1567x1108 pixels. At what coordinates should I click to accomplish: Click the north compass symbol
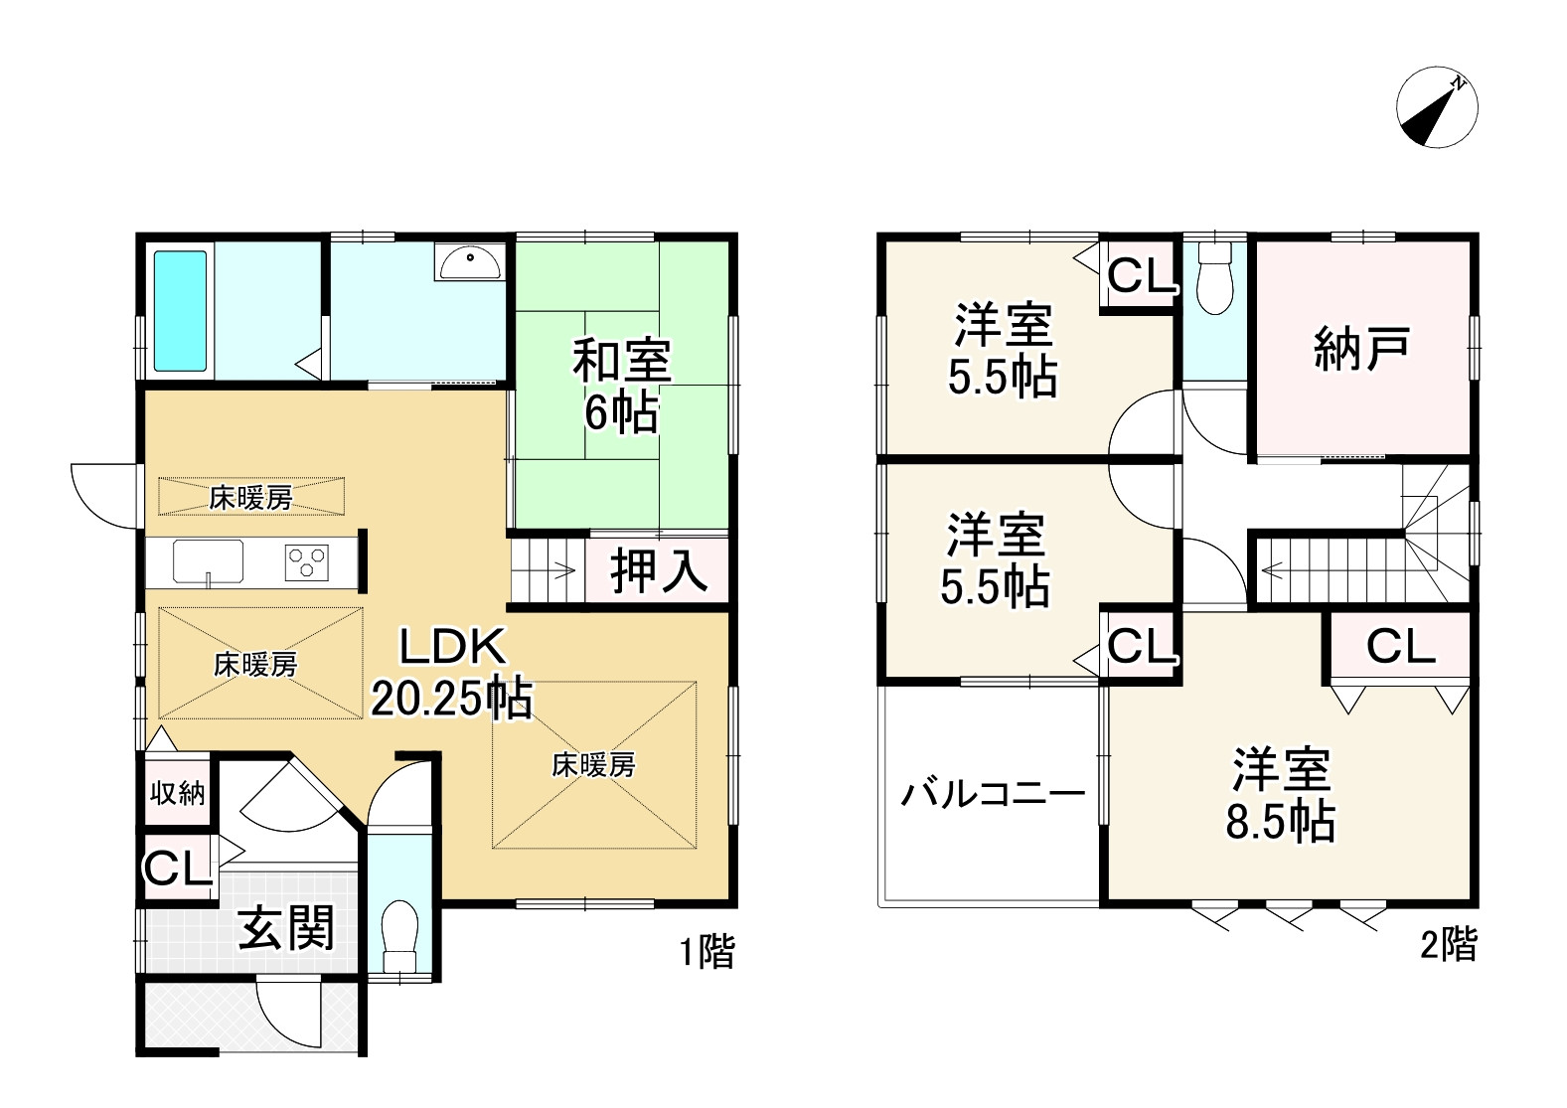tap(1437, 108)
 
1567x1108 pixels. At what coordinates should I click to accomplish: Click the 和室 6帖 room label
tap(621, 386)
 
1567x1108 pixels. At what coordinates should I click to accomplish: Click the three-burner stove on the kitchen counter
tap(308, 562)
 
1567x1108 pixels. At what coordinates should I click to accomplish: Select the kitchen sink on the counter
tap(208, 562)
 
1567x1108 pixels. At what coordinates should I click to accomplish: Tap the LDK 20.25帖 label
tap(452, 674)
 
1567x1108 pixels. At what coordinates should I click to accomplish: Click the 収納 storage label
tap(178, 793)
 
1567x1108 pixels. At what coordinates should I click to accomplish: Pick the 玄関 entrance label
tap(287, 930)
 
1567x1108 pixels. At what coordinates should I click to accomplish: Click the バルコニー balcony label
tap(992, 795)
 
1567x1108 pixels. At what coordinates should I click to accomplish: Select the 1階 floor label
tap(706, 951)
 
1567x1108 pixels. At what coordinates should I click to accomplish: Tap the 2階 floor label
tap(1448, 944)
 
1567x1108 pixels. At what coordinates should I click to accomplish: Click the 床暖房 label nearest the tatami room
tap(593, 764)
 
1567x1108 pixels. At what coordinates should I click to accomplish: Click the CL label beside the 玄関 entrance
tap(178, 869)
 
